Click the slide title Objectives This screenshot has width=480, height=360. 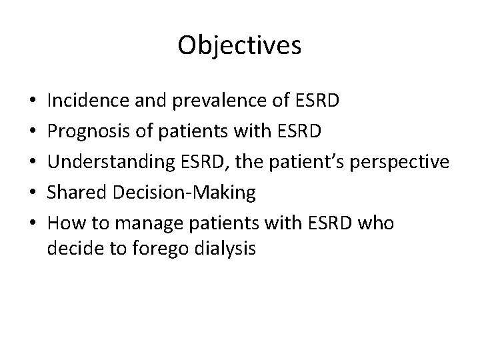click(240, 45)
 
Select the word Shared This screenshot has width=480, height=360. click(74, 193)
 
